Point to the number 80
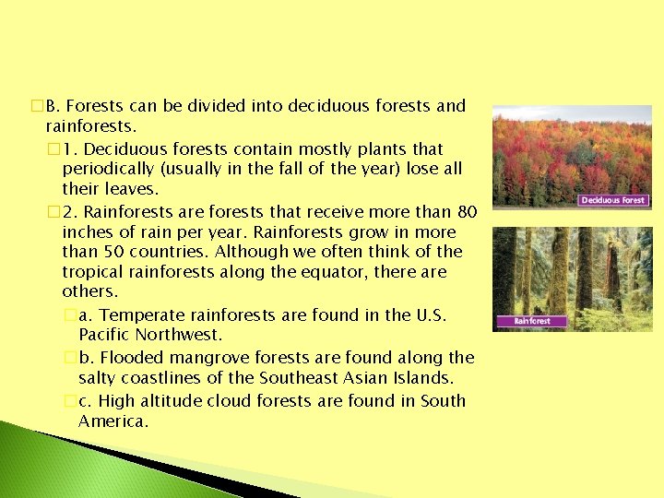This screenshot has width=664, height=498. pos(467,211)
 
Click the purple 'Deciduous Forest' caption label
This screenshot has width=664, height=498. pos(613,200)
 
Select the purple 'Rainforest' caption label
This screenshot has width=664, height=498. pos(532,321)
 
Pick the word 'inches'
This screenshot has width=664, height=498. pos(89,231)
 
